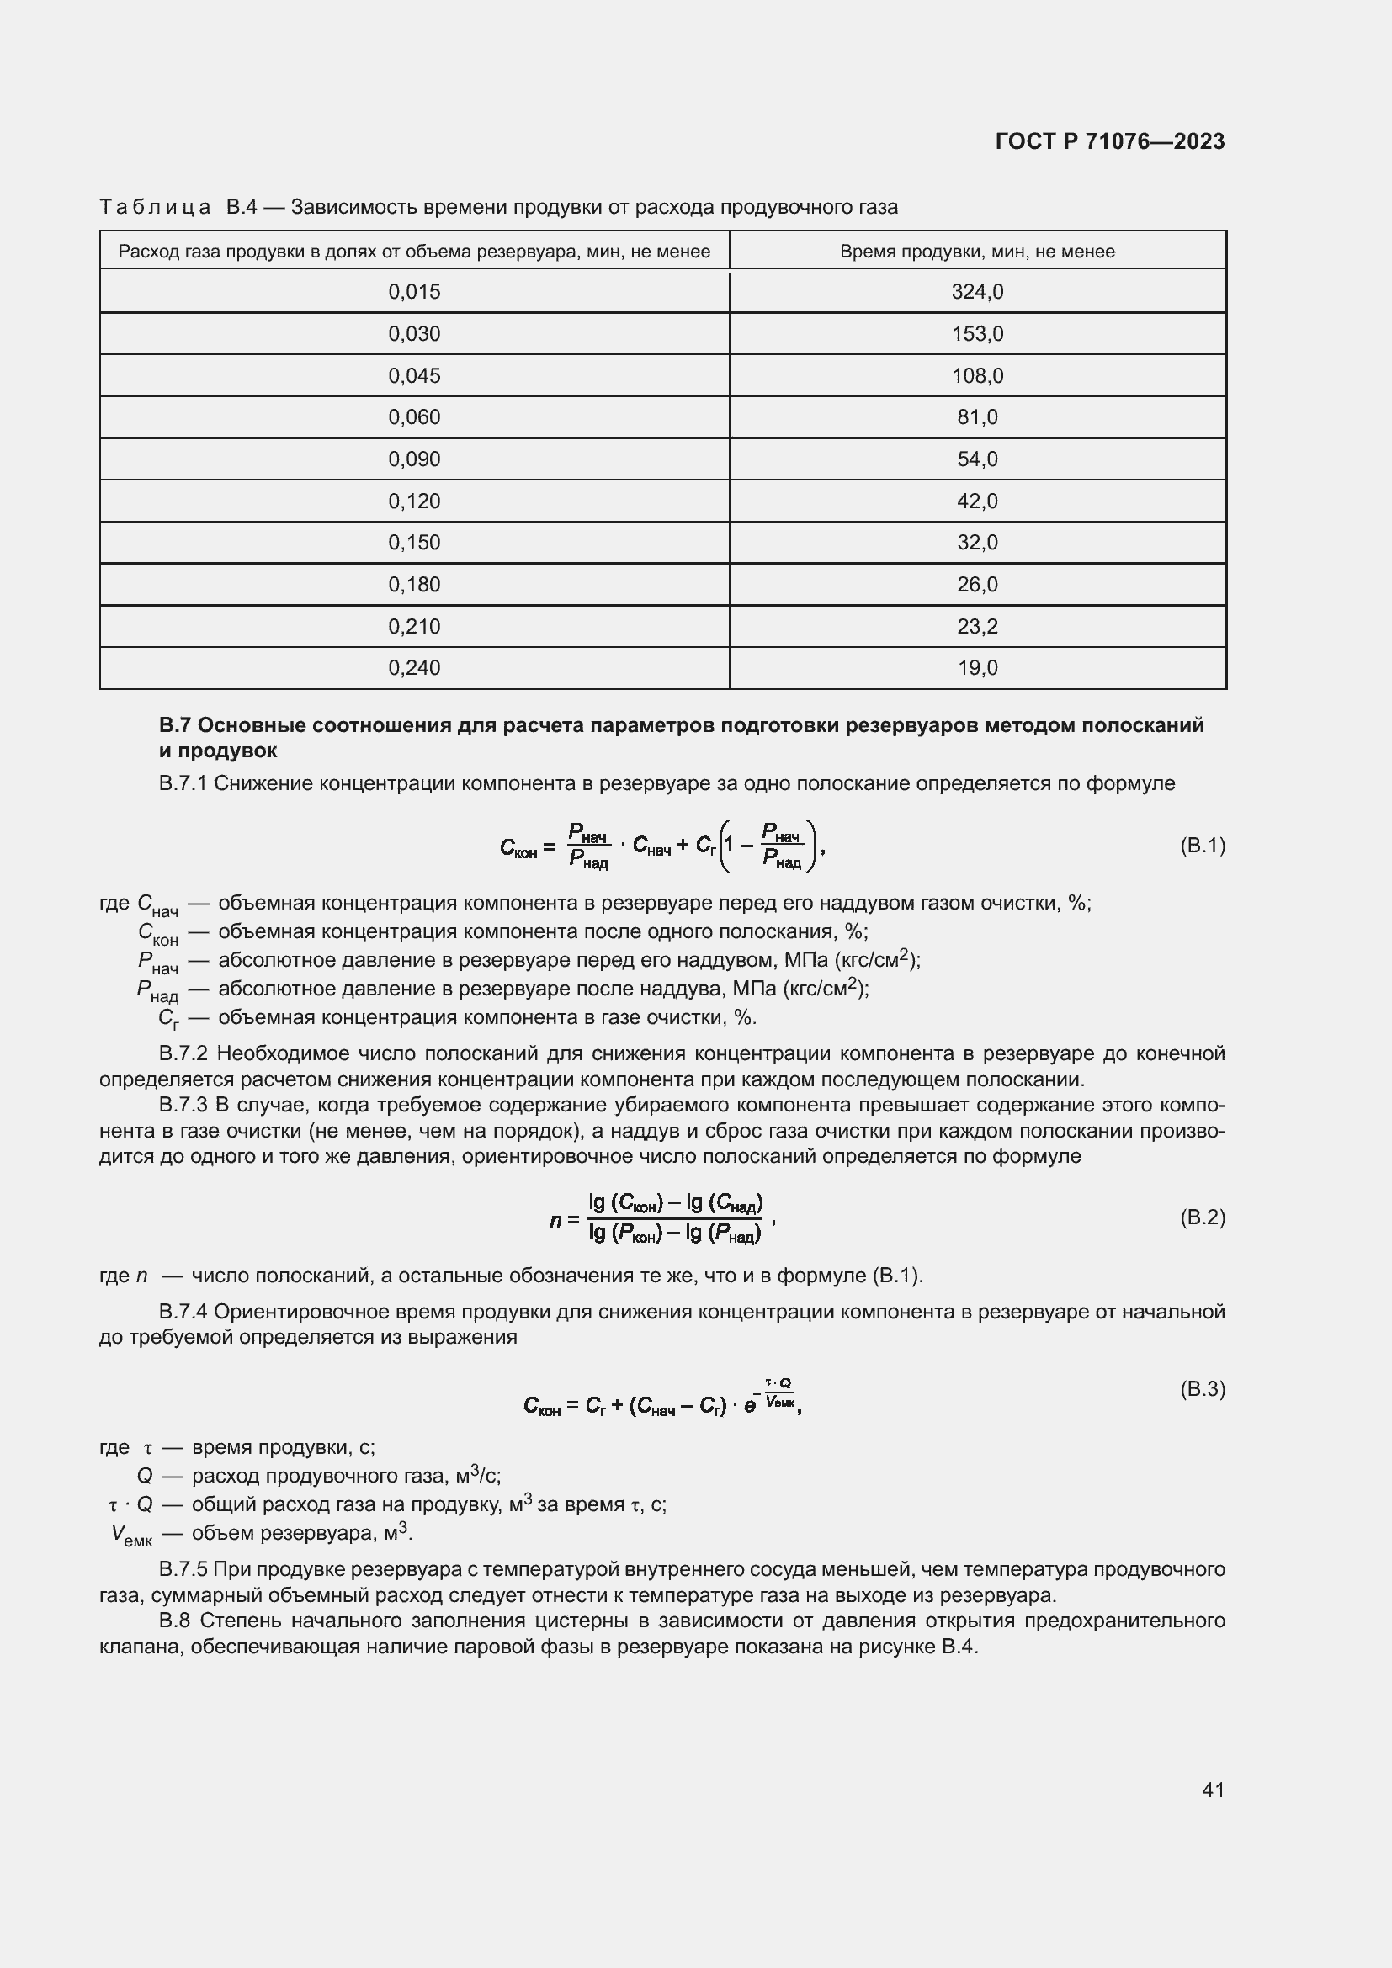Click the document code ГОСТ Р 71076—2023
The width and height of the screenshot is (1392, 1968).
click(x=1109, y=141)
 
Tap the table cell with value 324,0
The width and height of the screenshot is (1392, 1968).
click(x=976, y=292)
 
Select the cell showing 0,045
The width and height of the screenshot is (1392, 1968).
click(x=414, y=375)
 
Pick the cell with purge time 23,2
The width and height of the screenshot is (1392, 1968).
click(x=976, y=627)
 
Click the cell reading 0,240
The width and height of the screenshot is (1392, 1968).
click(x=414, y=668)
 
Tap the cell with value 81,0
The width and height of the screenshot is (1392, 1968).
click(x=976, y=417)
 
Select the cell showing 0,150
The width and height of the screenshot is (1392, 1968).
click(x=414, y=543)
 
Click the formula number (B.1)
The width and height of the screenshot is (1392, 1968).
click(x=1202, y=846)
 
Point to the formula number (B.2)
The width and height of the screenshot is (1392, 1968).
click(x=1202, y=1217)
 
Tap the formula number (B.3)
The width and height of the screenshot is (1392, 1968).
click(x=1202, y=1388)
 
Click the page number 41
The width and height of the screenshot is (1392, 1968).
click(x=1212, y=1790)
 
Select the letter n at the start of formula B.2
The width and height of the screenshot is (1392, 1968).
click(x=555, y=1219)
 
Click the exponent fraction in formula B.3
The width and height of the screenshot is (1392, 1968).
click(x=778, y=1392)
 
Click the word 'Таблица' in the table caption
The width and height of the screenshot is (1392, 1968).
click(x=155, y=208)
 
